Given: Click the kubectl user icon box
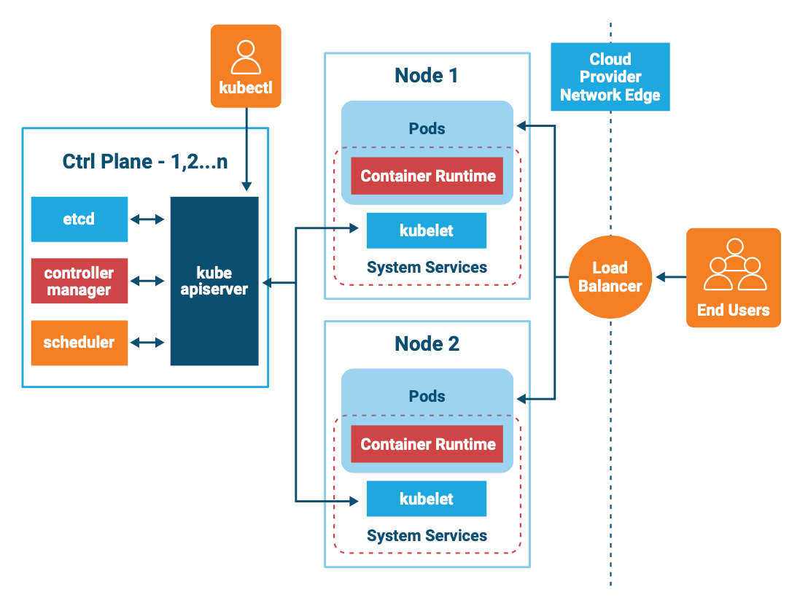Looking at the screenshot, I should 246,66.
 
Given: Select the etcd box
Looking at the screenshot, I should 79,219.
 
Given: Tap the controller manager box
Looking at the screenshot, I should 79,281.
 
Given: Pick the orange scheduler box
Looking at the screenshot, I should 79,343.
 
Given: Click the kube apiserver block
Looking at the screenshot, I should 214,281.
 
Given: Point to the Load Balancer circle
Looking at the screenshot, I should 610,277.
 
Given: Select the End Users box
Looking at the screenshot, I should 733,277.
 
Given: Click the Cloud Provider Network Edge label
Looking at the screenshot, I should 610,77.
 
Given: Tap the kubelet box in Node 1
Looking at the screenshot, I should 427,230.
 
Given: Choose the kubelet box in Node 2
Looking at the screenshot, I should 427,499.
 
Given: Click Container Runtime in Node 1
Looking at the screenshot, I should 427,176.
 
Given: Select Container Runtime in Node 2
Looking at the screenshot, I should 427,444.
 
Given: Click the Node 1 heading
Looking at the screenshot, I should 427,75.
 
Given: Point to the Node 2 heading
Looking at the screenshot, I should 427,343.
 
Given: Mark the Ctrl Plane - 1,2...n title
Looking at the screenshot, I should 145,161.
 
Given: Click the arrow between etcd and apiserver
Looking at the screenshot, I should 149,219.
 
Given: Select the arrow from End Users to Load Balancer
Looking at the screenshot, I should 671,277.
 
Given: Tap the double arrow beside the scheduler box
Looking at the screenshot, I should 149,343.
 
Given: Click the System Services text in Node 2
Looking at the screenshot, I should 427,536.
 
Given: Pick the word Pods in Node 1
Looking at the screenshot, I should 427,128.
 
